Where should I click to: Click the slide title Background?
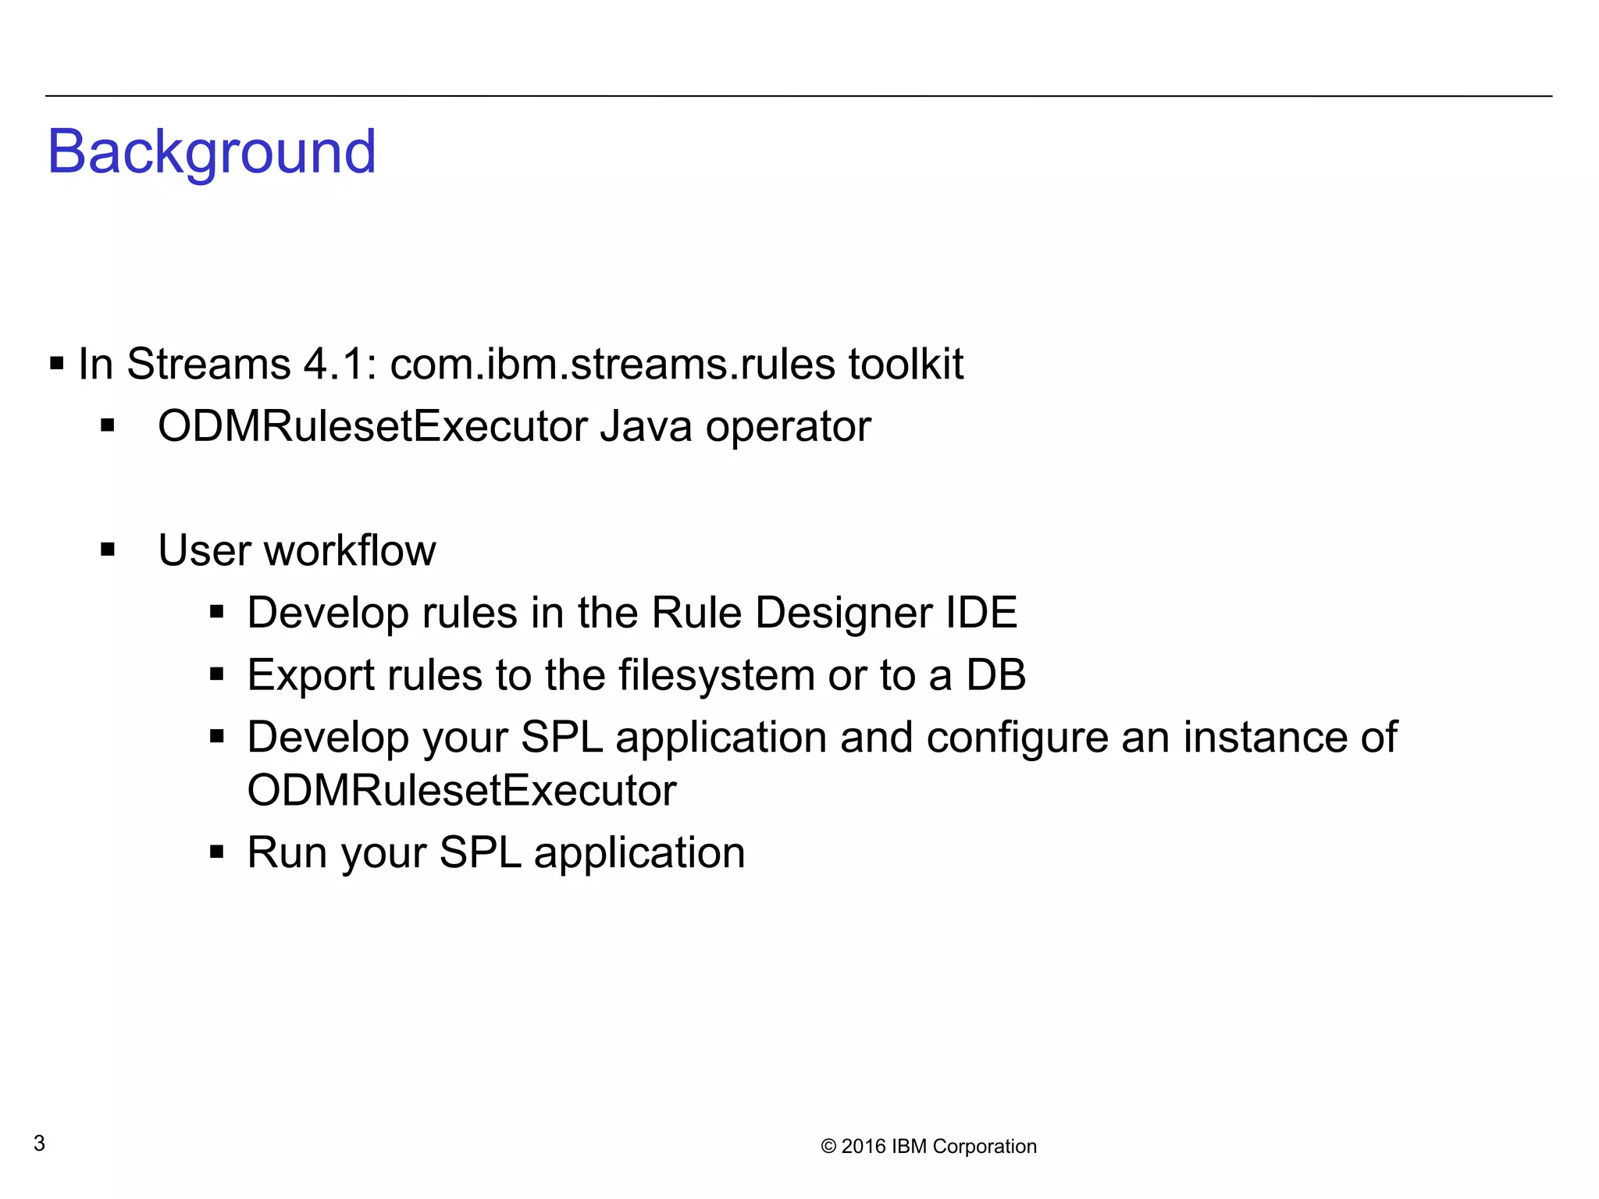(x=212, y=152)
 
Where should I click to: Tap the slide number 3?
(x=39, y=1144)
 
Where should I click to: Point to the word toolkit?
(x=906, y=365)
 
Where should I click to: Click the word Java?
(x=646, y=427)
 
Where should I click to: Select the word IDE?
(x=981, y=613)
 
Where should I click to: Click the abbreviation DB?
(x=995, y=675)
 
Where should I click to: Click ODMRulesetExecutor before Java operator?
(x=372, y=427)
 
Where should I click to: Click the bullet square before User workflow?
(x=108, y=550)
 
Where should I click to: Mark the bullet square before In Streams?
(x=56, y=364)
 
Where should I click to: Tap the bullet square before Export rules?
(x=217, y=674)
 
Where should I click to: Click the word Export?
(x=310, y=675)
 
